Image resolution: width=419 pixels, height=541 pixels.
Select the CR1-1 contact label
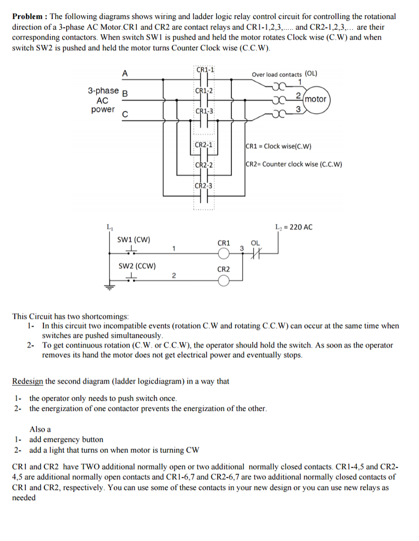tap(205, 70)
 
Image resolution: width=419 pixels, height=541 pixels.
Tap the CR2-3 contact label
tap(203, 185)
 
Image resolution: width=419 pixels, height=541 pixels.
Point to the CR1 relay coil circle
tap(224, 254)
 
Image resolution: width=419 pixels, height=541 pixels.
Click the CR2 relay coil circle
tap(224, 281)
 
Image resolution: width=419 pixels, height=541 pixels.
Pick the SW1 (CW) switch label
tap(134, 240)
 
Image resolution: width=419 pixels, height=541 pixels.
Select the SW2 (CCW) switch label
tap(137, 266)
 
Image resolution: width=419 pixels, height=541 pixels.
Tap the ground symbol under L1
tap(109, 287)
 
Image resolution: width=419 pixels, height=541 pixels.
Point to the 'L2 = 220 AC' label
tap(294, 227)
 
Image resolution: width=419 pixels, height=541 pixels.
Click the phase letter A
tap(125, 73)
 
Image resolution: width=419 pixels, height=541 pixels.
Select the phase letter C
tap(125, 115)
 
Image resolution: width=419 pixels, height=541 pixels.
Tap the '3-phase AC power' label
tap(103, 100)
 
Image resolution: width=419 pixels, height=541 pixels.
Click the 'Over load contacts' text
tap(276, 74)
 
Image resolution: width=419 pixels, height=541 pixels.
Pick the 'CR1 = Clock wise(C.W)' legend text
tap(278, 146)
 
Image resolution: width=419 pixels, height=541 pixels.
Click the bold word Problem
tap(27, 16)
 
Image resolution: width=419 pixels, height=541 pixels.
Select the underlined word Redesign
tap(27, 381)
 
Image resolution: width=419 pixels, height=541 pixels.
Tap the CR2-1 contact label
tap(203, 145)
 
